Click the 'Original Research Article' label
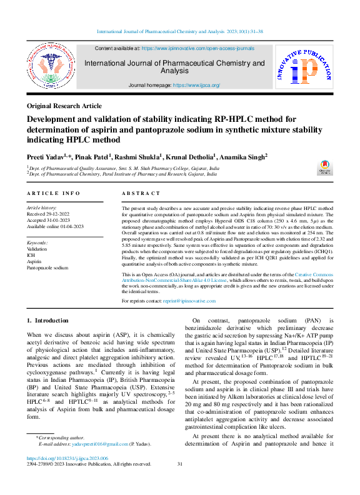pyautogui.click(x=64, y=107)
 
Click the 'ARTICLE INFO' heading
pyautogui.click(x=53, y=194)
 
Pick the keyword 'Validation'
pyautogui.click(x=37, y=248)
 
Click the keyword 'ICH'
pyautogui.click(x=31, y=254)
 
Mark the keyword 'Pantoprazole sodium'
pyautogui.click(x=47, y=267)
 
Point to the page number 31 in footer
pyautogui.click(x=180, y=464)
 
